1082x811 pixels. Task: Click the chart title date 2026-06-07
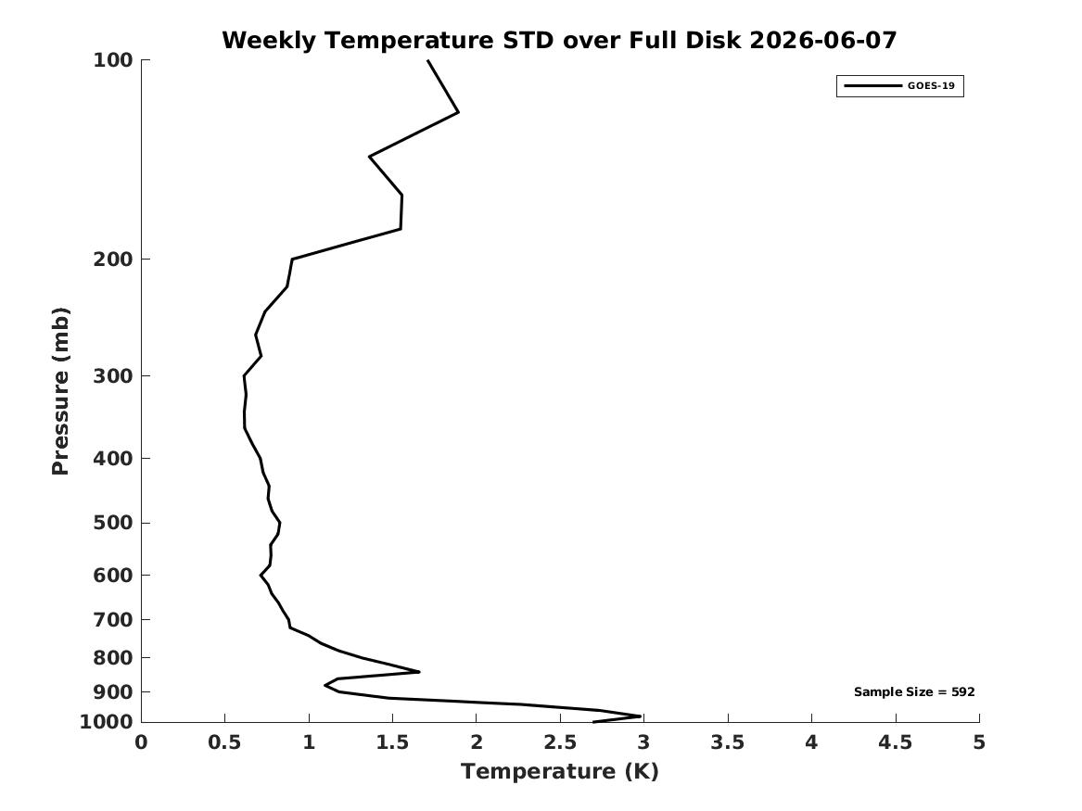[822, 41]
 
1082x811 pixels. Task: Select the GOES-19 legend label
[931, 86]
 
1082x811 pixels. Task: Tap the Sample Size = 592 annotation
[914, 691]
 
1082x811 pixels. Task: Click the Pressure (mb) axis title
[60, 391]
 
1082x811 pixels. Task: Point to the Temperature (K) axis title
[560, 771]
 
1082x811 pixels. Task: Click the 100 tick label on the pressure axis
[112, 60]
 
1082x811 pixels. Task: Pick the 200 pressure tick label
[112, 260]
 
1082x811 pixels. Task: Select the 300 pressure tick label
[112, 376]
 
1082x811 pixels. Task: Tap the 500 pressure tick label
[112, 523]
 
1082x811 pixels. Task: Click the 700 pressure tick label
[112, 620]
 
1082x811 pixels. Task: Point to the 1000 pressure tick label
[107, 722]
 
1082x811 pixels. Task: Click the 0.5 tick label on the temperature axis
[225, 742]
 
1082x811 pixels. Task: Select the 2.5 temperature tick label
[560, 742]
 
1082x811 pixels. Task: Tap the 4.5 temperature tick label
[896, 742]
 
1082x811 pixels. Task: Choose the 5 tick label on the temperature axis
[979, 742]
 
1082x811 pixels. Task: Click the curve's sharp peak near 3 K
[641, 716]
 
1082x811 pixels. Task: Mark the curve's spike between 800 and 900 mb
[419, 671]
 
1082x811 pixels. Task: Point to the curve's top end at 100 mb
[428, 60]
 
